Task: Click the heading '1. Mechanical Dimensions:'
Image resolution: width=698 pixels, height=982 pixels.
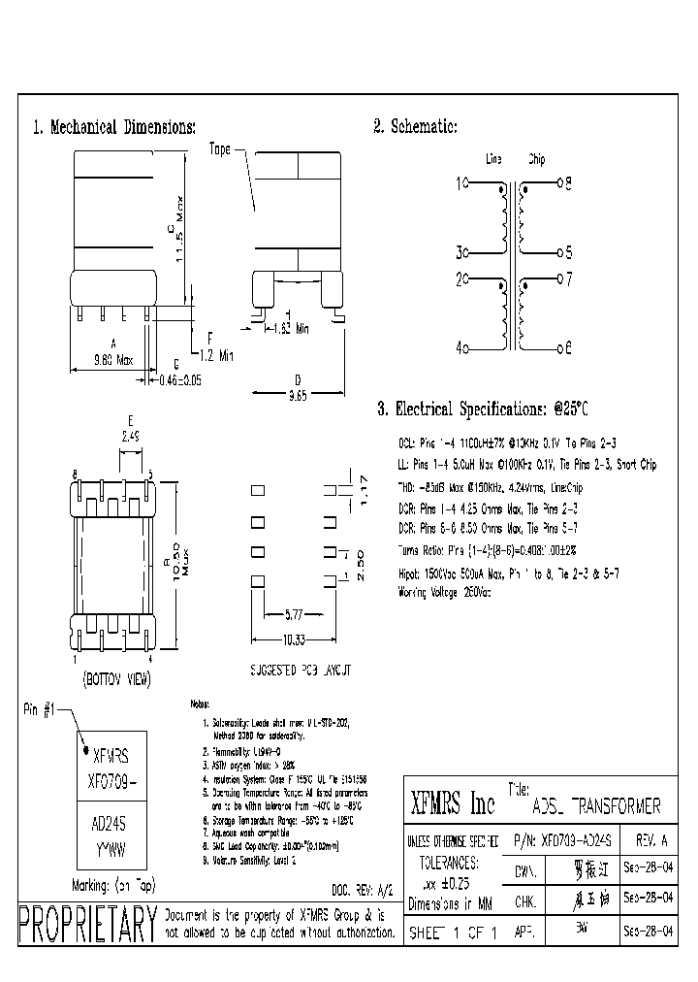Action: coord(114,127)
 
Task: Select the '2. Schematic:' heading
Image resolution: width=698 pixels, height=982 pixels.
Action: coord(415,127)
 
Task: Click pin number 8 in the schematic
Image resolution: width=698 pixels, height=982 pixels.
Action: coord(569,182)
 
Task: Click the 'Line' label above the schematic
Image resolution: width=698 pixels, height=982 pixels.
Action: coord(492,159)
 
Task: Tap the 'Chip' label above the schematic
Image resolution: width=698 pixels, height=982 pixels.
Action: coord(536,159)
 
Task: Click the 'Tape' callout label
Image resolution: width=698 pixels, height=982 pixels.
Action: coord(220,149)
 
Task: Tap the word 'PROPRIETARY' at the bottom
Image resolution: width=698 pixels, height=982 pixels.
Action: coord(87,924)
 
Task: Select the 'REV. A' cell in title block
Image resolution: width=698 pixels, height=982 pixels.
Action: coord(650,839)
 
